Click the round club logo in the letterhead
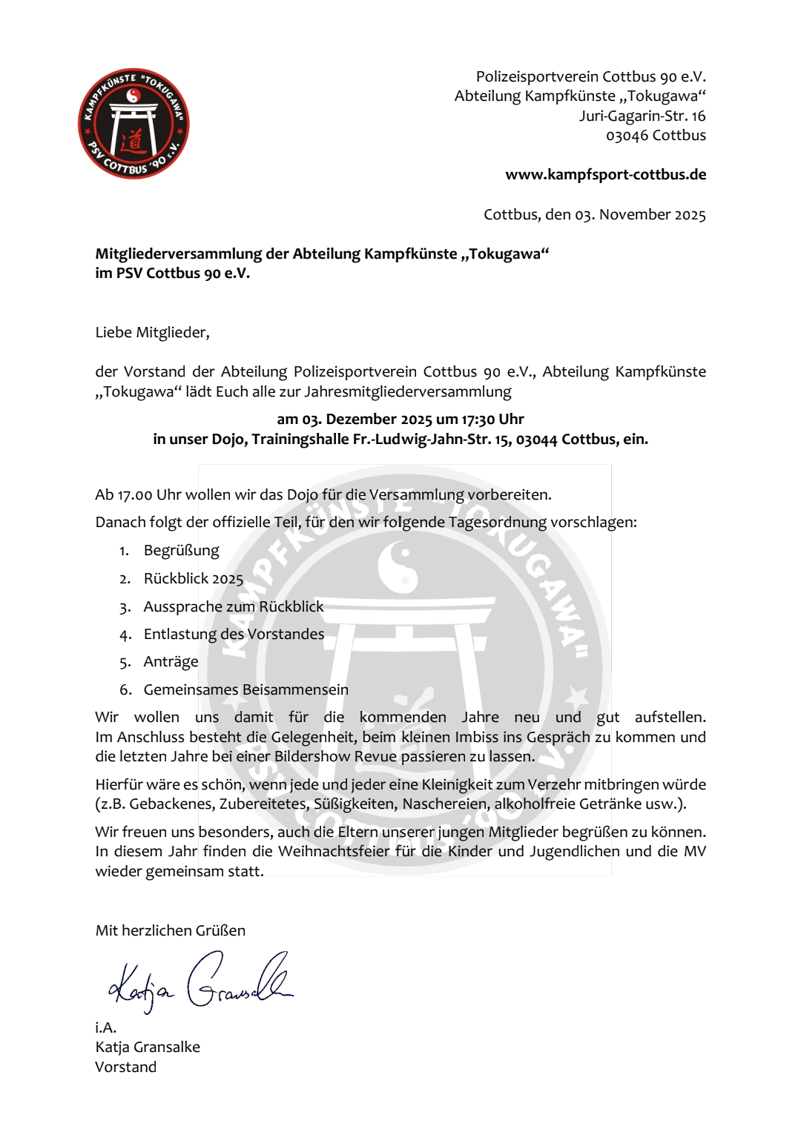point(133,124)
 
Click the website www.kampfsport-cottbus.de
point(605,175)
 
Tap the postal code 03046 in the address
point(627,136)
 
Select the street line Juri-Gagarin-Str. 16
point(642,116)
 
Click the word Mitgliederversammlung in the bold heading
point(178,254)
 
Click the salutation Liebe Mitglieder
point(152,333)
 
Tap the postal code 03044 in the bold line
point(536,440)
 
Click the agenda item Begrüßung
point(181,551)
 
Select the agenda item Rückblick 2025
point(193,579)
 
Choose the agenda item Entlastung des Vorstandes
point(234,635)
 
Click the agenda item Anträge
point(171,662)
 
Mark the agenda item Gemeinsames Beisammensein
point(245,690)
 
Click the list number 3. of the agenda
point(125,608)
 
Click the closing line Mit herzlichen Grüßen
point(170,931)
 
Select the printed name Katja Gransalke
point(148,1047)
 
